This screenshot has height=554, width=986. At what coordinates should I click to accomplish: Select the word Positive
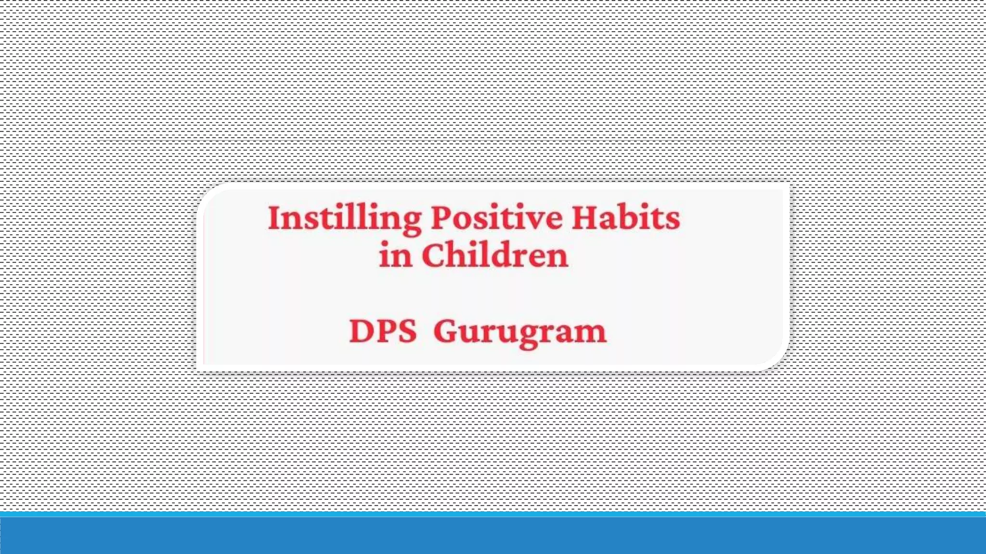click(496, 218)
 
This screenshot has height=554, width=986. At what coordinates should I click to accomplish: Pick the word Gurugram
click(520, 332)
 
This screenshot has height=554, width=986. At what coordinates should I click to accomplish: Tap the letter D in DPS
click(360, 331)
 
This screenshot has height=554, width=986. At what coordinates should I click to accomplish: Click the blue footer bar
click(493, 535)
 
